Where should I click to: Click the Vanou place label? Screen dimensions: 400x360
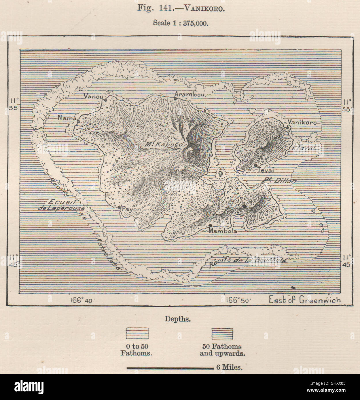[x=93, y=96]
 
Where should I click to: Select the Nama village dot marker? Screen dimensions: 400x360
[x=78, y=121]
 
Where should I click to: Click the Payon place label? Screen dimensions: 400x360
[x=131, y=209]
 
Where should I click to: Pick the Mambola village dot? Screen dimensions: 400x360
[x=211, y=225]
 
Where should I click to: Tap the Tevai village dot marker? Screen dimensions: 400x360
[x=255, y=165]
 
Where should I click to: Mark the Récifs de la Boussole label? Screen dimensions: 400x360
[x=248, y=261]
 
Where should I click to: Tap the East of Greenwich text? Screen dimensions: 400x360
[x=304, y=300]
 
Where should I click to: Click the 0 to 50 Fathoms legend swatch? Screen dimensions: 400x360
[x=137, y=334]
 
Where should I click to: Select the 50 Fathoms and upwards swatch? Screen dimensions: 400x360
[x=222, y=334]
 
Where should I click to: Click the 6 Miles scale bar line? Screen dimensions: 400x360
[x=170, y=368]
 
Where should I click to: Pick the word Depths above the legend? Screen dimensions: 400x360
[x=177, y=319]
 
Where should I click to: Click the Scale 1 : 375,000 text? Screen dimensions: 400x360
[x=180, y=23]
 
